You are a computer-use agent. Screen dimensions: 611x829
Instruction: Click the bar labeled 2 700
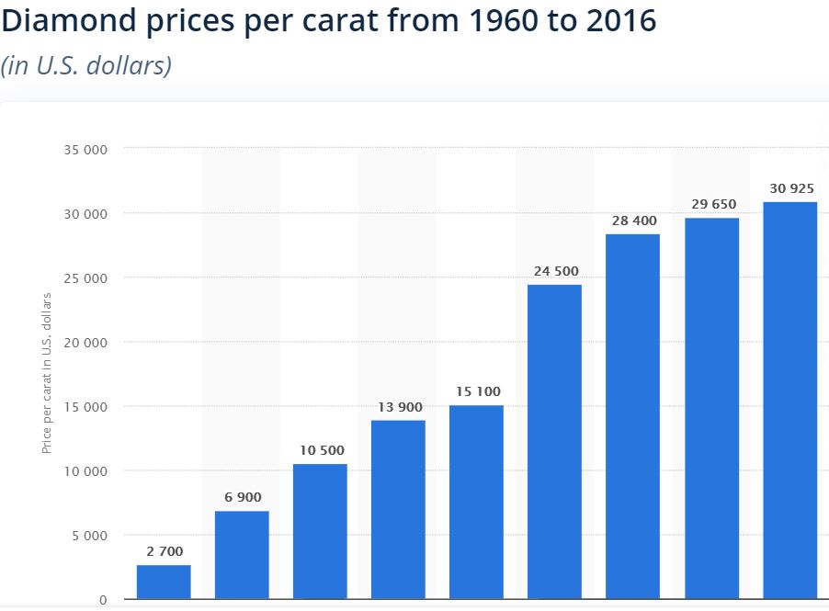click(164, 582)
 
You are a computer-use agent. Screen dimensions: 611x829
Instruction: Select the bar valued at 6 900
click(242, 555)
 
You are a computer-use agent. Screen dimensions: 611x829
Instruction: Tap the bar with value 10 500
click(320, 531)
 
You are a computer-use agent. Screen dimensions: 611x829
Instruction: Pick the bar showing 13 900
click(398, 509)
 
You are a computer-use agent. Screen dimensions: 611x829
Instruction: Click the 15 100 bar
click(476, 502)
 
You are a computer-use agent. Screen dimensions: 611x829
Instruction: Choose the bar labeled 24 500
click(555, 441)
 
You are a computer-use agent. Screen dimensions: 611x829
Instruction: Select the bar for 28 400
click(632, 416)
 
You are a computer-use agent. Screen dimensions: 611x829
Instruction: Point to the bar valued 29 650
click(711, 408)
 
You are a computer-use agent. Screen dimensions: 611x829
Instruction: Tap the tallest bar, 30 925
click(789, 400)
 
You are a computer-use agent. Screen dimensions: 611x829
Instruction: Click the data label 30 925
click(789, 188)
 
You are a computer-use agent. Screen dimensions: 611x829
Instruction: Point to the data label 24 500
click(555, 271)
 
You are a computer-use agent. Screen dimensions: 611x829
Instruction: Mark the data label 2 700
click(164, 551)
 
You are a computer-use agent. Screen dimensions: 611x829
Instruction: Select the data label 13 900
click(398, 406)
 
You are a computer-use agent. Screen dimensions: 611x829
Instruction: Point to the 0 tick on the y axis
click(104, 599)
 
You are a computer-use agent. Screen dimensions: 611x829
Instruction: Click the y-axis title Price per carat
click(46, 373)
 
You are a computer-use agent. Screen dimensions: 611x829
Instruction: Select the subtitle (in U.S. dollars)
click(87, 67)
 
